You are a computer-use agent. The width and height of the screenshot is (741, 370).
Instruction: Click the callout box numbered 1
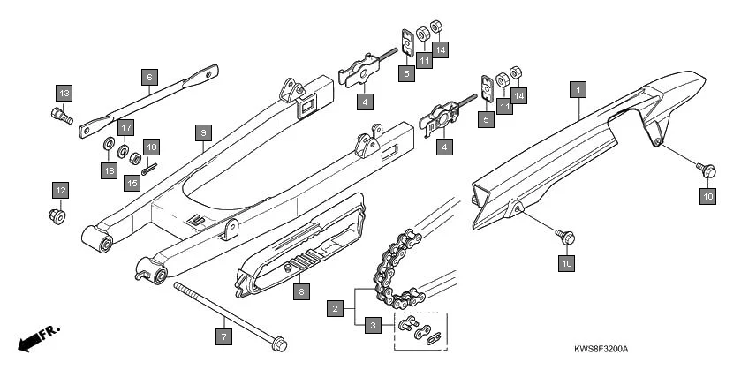pyautogui.click(x=578, y=89)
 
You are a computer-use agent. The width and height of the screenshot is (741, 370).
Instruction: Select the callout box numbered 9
pyautogui.click(x=202, y=132)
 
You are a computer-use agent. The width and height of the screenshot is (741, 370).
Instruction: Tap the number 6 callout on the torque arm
pyautogui.click(x=148, y=77)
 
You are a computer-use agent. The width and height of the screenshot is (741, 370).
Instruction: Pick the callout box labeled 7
pyautogui.click(x=224, y=336)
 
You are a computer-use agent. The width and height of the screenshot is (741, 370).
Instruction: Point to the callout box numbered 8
pyautogui.click(x=301, y=291)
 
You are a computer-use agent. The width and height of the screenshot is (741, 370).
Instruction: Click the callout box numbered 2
pyautogui.click(x=335, y=309)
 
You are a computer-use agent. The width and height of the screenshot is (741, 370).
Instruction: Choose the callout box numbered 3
pyautogui.click(x=374, y=326)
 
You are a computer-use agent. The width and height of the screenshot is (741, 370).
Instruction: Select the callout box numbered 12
pyautogui.click(x=60, y=190)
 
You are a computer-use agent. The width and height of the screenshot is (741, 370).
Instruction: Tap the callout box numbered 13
pyautogui.click(x=64, y=93)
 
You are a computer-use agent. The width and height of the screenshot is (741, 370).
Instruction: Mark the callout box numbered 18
pyautogui.click(x=152, y=147)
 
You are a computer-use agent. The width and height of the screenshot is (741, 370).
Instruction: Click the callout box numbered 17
pyautogui.click(x=125, y=126)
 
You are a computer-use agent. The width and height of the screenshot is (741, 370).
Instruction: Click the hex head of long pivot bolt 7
pyautogui.click(x=277, y=342)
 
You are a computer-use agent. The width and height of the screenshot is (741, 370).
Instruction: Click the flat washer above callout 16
pyautogui.click(x=108, y=144)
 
